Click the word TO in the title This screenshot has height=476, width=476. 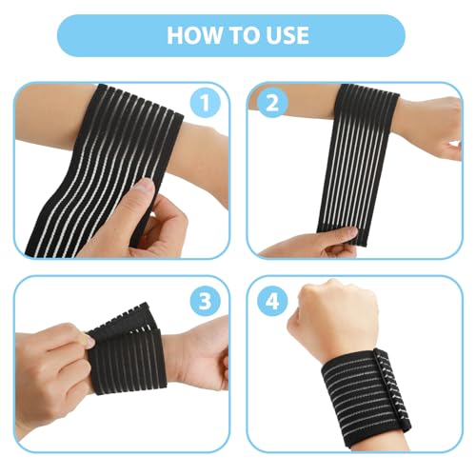241,35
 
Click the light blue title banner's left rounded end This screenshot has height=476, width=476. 71,35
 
